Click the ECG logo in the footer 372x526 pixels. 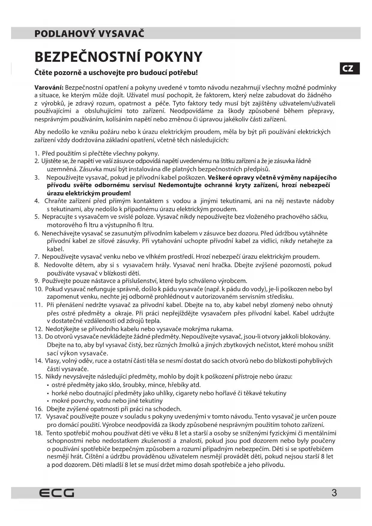[x=57, y=493]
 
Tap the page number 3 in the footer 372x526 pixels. [x=334, y=493]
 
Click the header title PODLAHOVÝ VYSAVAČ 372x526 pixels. [x=89, y=33]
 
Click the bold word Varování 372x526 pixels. [x=49, y=88]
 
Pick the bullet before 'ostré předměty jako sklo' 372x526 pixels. [x=48, y=385]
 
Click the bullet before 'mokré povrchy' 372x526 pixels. [x=48, y=401]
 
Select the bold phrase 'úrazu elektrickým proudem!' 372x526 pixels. [x=89, y=193]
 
